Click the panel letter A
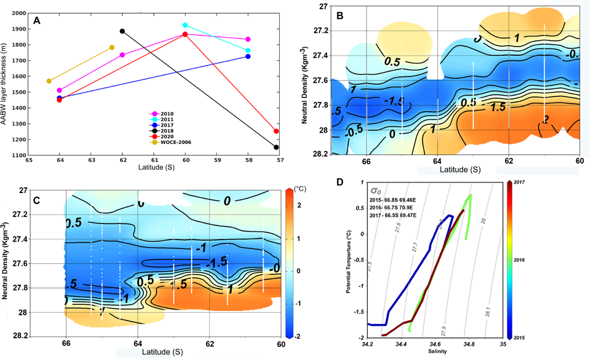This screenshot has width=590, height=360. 37,20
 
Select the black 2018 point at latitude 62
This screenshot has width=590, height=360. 122,31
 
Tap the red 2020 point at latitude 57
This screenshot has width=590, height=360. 276,131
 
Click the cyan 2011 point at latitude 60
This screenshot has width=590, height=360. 185,25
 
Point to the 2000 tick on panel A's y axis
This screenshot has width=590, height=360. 19,13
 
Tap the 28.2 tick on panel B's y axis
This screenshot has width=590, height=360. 320,153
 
